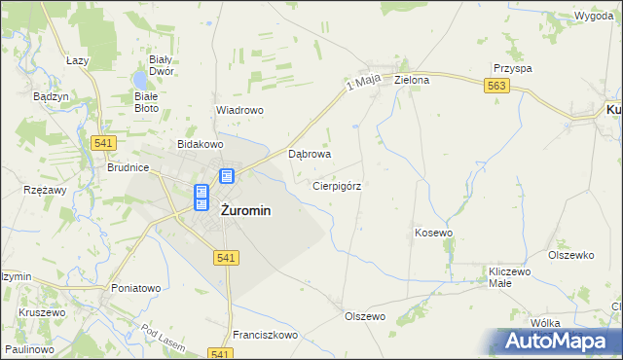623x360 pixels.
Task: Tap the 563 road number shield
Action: click(x=497, y=87)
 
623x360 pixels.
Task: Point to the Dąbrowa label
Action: click(x=311, y=154)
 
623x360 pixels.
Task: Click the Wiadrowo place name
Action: click(x=239, y=110)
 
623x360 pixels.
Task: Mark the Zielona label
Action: click(x=412, y=80)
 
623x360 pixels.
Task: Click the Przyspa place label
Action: click(x=512, y=68)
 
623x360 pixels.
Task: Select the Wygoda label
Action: click(x=594, y=17)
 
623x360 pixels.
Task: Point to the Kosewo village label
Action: click(x=434, y=234)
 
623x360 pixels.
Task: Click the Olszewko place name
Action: click(x=570, y=255)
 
